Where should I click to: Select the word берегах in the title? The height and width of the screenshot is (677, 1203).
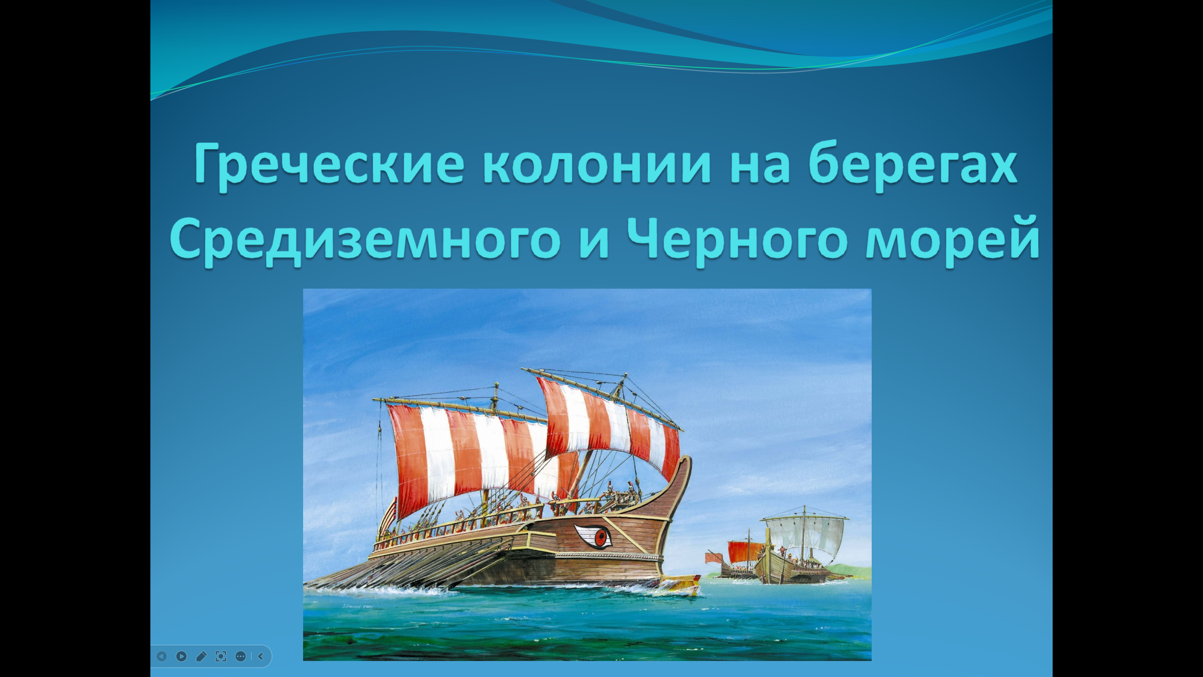pos(913,165)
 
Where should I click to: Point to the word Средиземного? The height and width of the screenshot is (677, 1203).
pos(365,240)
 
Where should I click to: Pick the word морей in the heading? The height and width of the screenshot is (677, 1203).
pos(953,240)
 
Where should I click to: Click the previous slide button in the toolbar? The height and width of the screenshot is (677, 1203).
pos(161,656)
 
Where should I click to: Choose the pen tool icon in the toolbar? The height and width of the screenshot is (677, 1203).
pos(201,656)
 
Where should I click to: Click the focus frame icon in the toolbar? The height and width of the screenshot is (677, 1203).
pos(221,656)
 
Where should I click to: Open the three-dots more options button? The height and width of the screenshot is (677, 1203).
pos(241,656)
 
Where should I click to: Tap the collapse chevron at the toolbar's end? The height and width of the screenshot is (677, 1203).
pos(260,656)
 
